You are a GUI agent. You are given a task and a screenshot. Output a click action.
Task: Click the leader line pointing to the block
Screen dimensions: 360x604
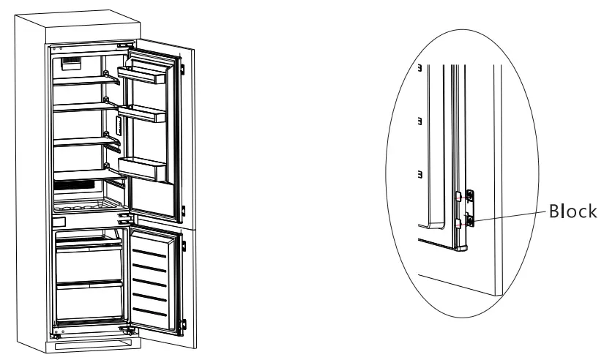(508, 214)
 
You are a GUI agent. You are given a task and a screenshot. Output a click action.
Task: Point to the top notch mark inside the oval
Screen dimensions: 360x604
(419, 68)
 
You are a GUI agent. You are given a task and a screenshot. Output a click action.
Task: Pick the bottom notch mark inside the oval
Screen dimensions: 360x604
(419, 174)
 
